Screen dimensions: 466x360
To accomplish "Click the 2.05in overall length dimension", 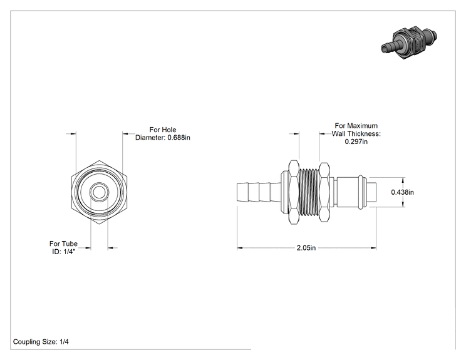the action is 306,247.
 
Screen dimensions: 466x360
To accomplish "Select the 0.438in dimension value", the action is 402,192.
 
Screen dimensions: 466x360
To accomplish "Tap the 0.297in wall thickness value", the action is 356,141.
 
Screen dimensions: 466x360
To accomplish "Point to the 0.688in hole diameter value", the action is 179,138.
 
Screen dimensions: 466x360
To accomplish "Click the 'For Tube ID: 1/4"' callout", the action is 63,247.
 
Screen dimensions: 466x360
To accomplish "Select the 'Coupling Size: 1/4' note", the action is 41,342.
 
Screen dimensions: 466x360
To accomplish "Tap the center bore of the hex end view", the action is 99,192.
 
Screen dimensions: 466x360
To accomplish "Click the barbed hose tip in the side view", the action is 259,192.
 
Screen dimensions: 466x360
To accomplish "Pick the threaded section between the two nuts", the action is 309,192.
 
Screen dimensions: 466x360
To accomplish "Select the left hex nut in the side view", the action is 294,192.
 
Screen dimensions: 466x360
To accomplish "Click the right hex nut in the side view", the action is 324,192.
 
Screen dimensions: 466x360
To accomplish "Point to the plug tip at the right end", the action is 373,192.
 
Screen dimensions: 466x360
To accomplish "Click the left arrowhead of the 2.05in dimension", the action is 240,247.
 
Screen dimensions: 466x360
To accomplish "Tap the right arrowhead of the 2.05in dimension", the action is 373,247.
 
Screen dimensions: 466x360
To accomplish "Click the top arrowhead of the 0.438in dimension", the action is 403,180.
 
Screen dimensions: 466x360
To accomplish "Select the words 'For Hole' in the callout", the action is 163,130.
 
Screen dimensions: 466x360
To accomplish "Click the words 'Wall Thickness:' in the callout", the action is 356,133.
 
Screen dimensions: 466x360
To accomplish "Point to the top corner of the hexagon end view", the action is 99,160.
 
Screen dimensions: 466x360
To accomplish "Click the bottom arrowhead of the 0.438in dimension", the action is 403,203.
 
